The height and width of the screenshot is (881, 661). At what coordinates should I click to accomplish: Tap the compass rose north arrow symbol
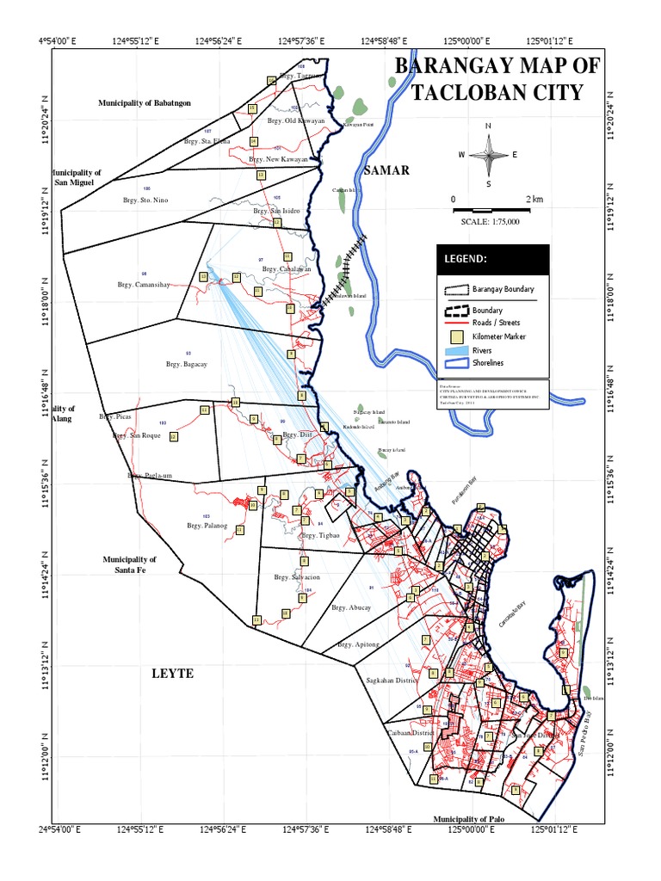488,156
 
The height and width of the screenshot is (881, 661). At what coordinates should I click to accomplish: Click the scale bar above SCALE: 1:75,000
488,209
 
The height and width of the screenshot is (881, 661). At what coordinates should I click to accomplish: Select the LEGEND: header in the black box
466,259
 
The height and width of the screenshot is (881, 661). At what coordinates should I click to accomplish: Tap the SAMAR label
386,170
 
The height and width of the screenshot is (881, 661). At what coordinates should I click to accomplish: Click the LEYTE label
173,673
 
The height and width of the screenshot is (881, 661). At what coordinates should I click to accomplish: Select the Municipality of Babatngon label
144,102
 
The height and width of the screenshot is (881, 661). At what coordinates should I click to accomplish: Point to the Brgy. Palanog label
207,525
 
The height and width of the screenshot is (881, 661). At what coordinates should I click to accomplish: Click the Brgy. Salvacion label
296,577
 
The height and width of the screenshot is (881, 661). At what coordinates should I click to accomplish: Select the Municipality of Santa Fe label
129,564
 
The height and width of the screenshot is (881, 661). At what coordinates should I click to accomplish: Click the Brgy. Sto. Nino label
145,200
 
